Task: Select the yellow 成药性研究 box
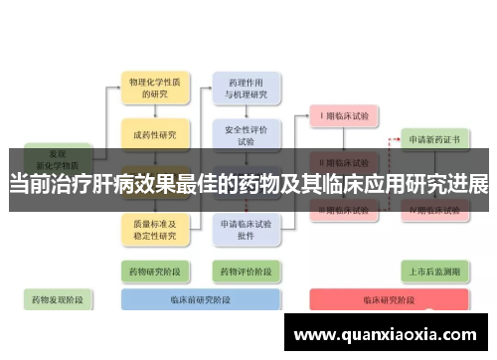tap(153, 135)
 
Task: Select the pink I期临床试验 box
tap(344, 116)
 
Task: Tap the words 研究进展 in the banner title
tap(452, 185)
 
